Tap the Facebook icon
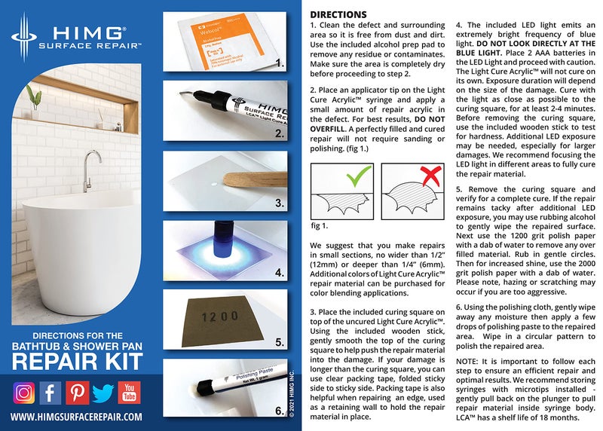pos(51,393)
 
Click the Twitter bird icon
pos(103,393)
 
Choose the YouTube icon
pos(129,393)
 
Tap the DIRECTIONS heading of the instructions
pos(338,14)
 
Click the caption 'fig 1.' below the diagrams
pos(319,225)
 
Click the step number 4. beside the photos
pos(278,274)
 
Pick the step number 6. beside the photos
pos(278,411)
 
